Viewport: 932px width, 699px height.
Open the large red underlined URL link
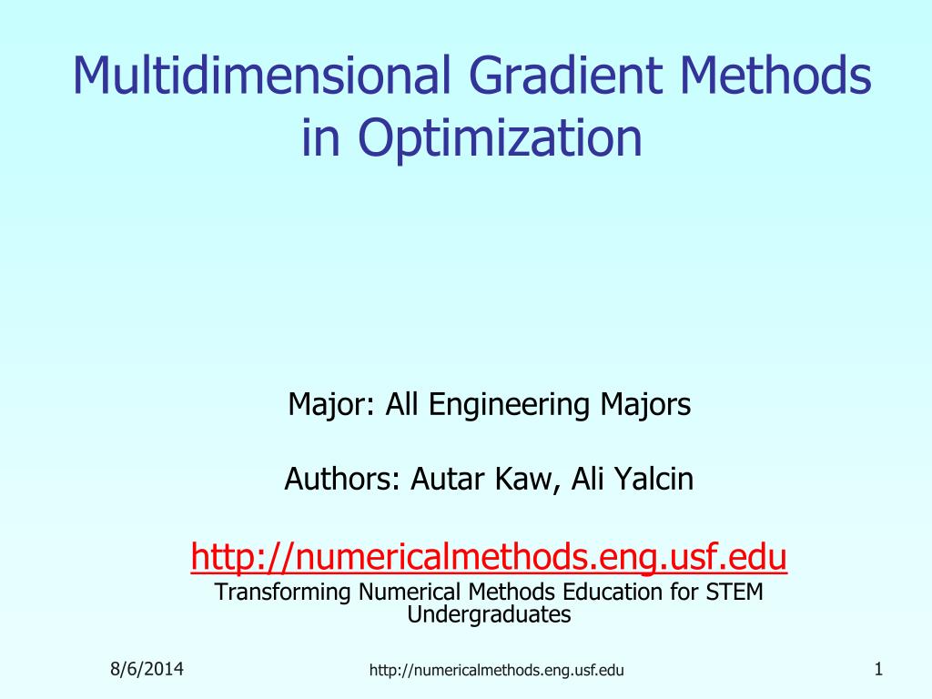click(x=489, y=556)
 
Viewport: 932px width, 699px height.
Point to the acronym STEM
click(x=734, y=593)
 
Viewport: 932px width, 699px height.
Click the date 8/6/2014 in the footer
click(x=147, y=670)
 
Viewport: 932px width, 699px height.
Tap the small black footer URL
click(x=496, y=672)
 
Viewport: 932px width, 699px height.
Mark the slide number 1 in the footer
click(x=878, y=670)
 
